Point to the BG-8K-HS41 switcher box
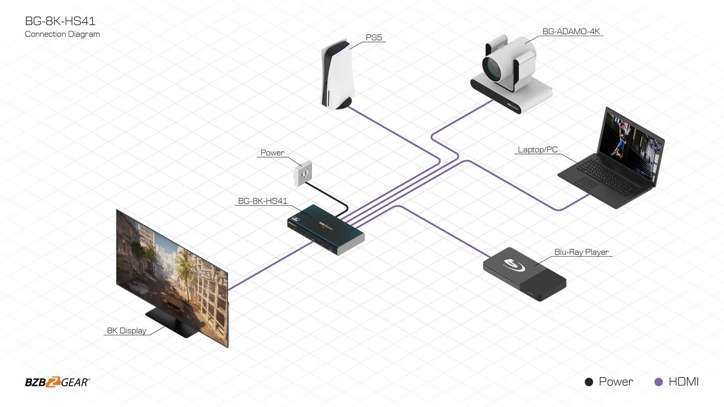point(326,230)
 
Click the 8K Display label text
point(127,331)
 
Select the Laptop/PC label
point(538,150)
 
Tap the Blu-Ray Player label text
point(581,252)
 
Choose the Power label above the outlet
point(272,153)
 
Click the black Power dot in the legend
point(589,382)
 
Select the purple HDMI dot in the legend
point(659,382)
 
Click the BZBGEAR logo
point(57,382)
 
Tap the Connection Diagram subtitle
point(62,34)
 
